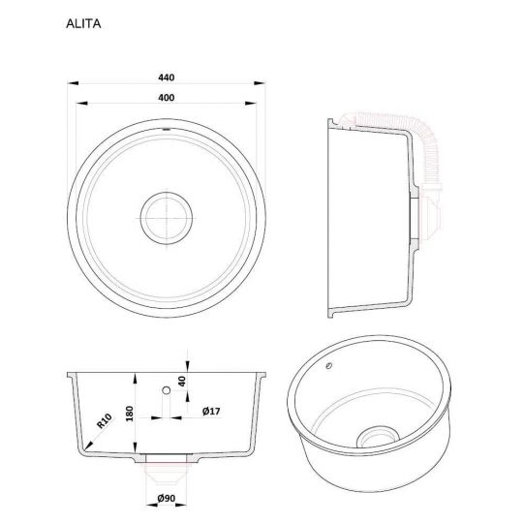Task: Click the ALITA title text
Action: click(83, 23)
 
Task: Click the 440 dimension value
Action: click(167, 77)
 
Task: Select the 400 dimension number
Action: click(167, 98)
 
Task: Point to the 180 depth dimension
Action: click(130, 414)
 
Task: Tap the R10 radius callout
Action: click(104, 421)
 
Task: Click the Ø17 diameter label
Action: click(211, 411)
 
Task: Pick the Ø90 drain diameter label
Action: click(167, 498)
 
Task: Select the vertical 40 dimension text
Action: click(182, 381)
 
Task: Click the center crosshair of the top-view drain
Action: click(167, 219)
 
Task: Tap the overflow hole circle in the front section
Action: click(167, 390)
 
